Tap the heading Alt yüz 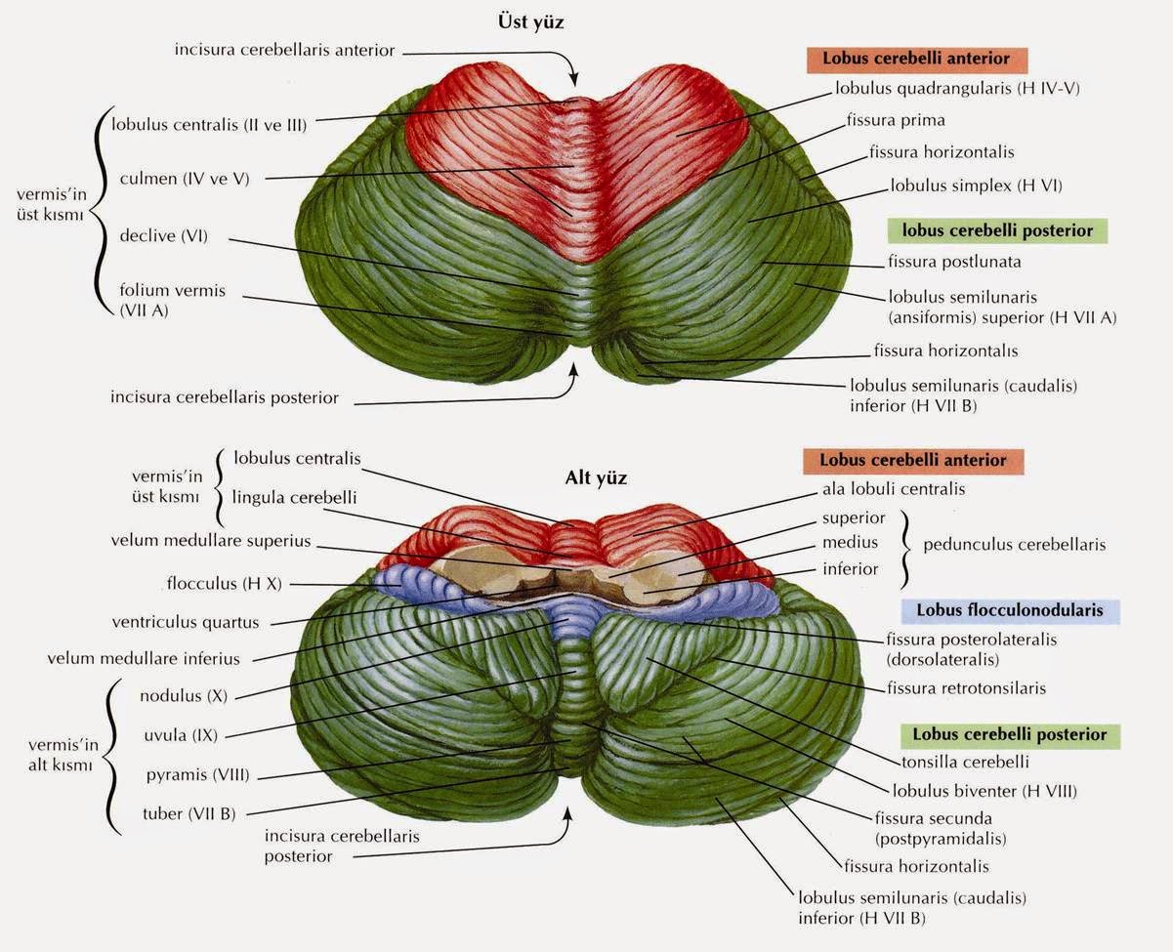pos(596,478)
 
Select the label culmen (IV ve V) pos(185,179)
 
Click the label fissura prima pos(897,120)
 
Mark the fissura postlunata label pos(954,262)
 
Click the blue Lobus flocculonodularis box pos(1009,610)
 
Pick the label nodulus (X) pos(184,696)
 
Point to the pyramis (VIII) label pos(197,775)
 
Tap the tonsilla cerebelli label pos(960,762)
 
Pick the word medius pos(849,543)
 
